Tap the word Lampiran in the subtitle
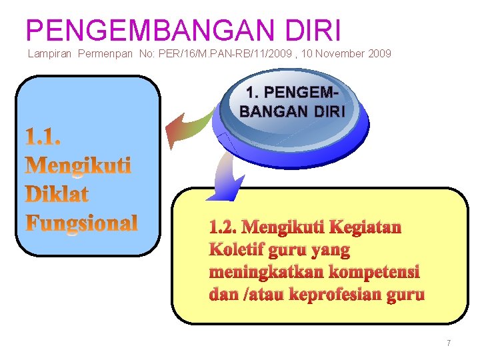(x=51, y=53)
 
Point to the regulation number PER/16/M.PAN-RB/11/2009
(x=233, y=53)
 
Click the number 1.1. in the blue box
(x=43, y=137)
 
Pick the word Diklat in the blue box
(x=57, y=194)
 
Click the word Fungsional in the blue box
(x=81, y=223)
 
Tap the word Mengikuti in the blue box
(x=78, y=165)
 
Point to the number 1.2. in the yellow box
(x=223, y=228)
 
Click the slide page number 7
(x=449, y=343)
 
